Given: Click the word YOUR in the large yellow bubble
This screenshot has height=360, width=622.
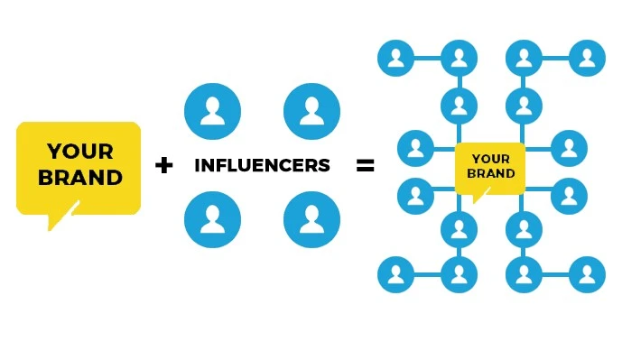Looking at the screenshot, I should [80, 151].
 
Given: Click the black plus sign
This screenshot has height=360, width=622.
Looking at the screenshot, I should [163, 165].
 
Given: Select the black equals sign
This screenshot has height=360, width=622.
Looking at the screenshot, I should [365, 165].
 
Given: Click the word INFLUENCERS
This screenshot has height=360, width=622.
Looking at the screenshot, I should [262, 166].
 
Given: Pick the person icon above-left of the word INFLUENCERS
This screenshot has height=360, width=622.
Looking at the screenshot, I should [212, 111].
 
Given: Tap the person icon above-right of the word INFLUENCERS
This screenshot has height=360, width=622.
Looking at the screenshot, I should [311, 111].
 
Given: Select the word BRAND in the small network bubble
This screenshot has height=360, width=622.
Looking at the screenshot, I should [490, 173].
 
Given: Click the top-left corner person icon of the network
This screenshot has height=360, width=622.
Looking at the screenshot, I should [395, 59].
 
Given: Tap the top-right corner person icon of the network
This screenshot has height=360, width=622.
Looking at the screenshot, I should [588, 59].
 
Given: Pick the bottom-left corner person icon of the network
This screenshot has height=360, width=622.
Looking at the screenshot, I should [395, 274].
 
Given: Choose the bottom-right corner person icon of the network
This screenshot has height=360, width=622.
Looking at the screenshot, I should [588, 274].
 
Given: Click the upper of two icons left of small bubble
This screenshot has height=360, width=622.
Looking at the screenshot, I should [415, 148].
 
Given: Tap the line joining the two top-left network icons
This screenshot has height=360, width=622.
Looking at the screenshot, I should [427, 59].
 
